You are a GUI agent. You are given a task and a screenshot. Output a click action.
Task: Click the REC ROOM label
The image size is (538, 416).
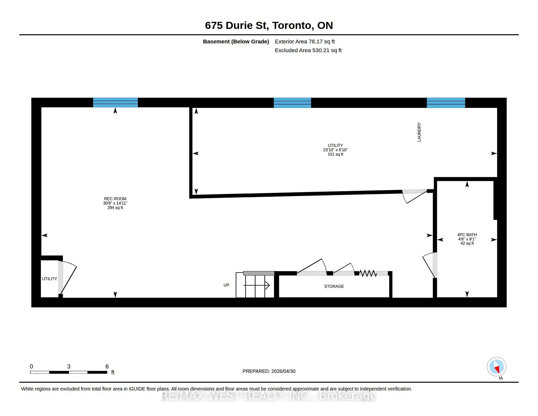pos(115,199)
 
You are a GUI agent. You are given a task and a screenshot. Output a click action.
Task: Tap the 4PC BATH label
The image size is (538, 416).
pos(467,235)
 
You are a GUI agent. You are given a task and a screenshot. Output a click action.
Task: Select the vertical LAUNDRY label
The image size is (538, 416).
pos(419,132)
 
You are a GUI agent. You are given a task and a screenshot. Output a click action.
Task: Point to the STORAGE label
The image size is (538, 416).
pos(334,286)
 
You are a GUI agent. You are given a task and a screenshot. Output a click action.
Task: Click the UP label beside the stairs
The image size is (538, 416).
pos(226,285)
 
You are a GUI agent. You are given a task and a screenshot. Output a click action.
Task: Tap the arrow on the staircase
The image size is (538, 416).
pos(256,285)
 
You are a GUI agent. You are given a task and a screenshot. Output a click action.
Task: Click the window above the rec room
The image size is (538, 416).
pos(115,103)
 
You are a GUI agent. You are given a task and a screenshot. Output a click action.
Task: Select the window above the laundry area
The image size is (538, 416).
pos(446,103)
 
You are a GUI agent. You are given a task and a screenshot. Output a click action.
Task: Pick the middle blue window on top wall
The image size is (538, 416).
pos(292,103)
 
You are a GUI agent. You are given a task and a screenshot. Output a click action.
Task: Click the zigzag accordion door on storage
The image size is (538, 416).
pos(368,273)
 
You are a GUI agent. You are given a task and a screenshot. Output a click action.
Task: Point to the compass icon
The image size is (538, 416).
pos(497,367)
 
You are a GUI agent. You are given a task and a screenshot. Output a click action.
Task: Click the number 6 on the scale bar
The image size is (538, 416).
pos(107,366)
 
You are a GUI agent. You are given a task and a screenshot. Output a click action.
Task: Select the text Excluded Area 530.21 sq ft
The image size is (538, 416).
pos(308,50)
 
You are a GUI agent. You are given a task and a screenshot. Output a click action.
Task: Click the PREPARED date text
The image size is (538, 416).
pos(269,371)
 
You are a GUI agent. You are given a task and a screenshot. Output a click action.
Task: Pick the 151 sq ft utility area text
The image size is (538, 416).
pos(335,154)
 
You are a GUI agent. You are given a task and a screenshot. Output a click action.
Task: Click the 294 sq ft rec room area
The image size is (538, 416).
pos(115,208)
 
